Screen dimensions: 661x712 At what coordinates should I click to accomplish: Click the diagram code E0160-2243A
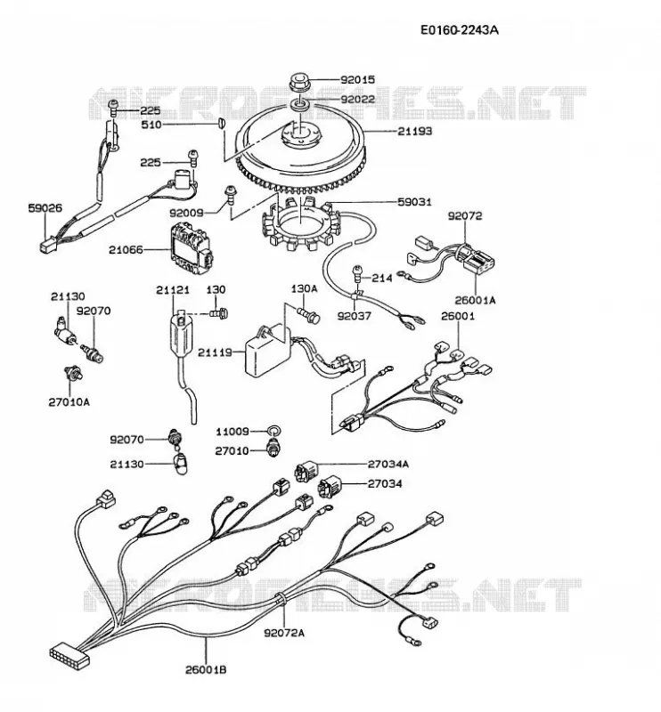point(459,30)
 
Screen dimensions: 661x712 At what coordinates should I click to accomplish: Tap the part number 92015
point(358,80)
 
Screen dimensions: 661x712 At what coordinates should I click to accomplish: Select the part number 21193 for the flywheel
point(415,131)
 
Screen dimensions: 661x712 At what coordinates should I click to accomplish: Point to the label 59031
point(414,202)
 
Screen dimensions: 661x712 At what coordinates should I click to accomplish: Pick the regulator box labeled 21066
point(191,249)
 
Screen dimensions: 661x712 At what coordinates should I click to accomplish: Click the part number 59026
point(45,208)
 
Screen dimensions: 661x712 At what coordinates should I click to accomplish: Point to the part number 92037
point(355,316)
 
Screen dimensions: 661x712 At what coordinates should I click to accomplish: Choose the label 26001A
point(475,301)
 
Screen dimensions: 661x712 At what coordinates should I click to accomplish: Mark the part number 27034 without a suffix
point(385,483)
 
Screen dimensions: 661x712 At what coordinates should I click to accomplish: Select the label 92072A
point(284,633)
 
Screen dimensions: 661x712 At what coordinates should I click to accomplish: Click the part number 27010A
point(69,402)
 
